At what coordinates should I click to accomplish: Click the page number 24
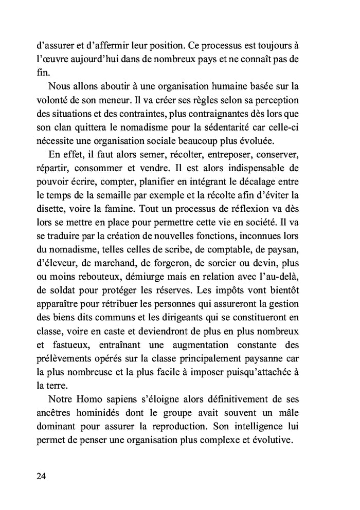click(x=42, y=476)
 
